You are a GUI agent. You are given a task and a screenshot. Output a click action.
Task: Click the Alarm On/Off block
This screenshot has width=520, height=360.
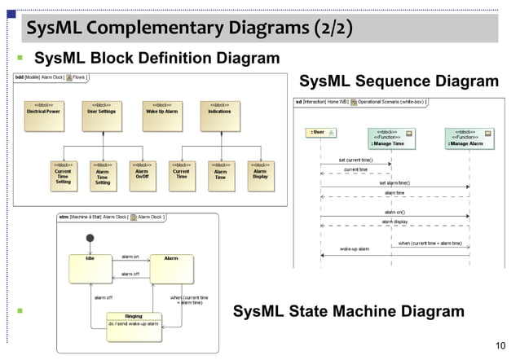(x=142, y=175)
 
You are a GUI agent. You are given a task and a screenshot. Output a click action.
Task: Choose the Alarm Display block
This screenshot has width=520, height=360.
(x=260, y=175)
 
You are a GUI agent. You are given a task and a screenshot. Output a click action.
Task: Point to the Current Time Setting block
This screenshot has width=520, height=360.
(x=63, y=175)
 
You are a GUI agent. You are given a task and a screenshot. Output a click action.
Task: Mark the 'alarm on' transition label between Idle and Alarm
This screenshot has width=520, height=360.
(x=130, y=257)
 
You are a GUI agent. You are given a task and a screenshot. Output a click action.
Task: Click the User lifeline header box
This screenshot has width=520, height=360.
(x=318, y=132)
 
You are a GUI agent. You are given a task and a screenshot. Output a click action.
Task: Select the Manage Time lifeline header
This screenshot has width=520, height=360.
(x=390, y=136)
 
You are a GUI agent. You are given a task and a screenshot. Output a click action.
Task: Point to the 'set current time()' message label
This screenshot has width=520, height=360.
(x=356, y=160)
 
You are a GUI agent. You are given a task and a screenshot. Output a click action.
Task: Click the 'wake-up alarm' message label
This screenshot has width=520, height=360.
(x=355, y=248)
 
